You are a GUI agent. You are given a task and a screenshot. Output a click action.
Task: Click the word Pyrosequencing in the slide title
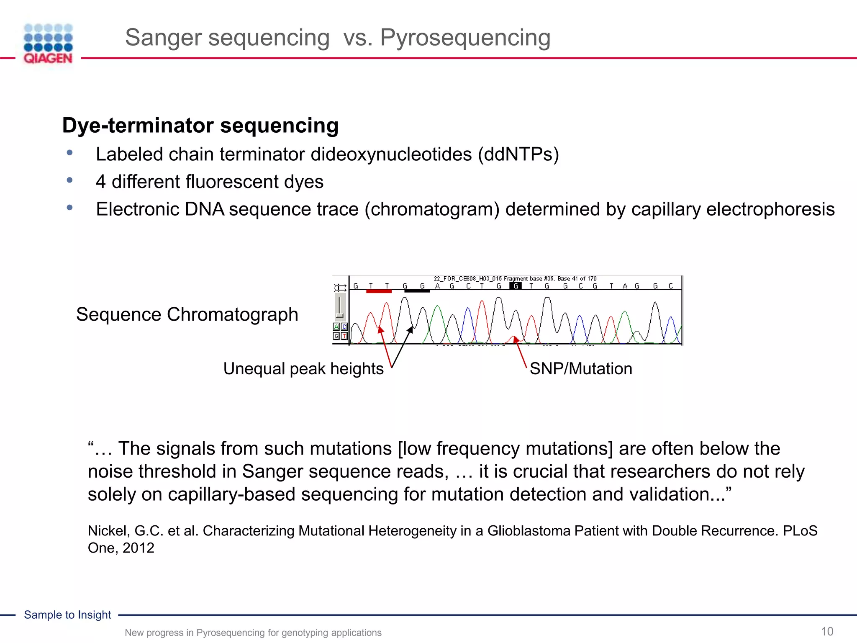[x=465, y=38]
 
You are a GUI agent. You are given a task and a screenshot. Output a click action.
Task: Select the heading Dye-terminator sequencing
[x=200, y=125]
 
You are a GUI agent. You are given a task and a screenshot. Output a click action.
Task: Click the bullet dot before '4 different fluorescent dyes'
[x=69, y=180]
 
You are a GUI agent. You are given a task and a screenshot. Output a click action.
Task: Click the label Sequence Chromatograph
[x=187, y=314]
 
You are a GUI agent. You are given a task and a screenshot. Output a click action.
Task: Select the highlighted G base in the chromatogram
[x=516, y=286]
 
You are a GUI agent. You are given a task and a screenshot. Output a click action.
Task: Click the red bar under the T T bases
[x=379, y=291]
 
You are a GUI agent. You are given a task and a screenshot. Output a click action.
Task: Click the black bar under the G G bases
[x=417, y=291]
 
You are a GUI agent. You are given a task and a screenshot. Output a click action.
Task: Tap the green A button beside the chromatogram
[x=336, y=327]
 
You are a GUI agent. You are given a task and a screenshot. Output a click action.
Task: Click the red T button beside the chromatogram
[x=344, y=336]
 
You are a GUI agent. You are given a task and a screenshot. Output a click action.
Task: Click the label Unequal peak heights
[x=303, y=369]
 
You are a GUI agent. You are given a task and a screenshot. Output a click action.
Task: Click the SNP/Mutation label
[x=581, y=369]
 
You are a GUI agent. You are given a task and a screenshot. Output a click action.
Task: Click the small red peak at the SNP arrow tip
[x=514, y=337]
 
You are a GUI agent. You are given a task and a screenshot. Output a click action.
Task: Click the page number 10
[x=827, y=631]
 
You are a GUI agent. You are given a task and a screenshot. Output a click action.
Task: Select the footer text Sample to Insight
[x=67, y=615]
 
